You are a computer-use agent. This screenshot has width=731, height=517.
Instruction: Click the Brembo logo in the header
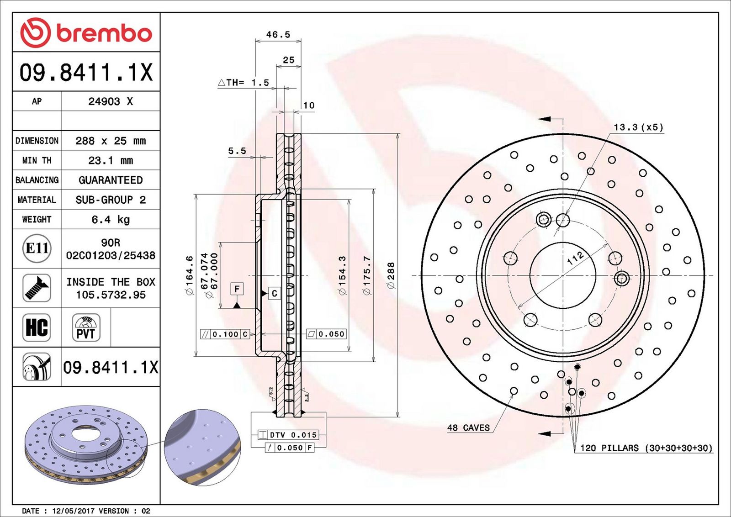pos(86,32)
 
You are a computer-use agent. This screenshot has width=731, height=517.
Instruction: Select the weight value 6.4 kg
pos(111,220)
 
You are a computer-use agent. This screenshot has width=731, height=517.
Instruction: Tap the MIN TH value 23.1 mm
pos(111,160)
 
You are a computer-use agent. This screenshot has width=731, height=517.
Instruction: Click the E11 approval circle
pos(37,248)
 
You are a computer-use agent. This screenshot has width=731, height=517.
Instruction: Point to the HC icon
pos(37,327)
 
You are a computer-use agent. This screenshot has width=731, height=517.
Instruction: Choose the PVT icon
pos(86,327)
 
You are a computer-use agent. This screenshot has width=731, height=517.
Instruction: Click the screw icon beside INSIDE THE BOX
pos(37,288)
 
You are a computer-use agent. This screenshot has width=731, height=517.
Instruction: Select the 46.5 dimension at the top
pos(278,35)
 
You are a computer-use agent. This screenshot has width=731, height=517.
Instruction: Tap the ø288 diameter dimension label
pos(391,275)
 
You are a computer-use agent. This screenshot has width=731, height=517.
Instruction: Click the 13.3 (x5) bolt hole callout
pos(638,127)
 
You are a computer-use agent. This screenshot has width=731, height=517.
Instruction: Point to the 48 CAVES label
pos(468,427)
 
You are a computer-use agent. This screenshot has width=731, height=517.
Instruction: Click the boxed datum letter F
pos(237,289)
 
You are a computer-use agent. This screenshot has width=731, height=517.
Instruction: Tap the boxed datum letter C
pos(275,294)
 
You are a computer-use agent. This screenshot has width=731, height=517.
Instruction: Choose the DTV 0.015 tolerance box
pos(287,435)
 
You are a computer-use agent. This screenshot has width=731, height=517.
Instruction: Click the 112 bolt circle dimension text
pos(576,258)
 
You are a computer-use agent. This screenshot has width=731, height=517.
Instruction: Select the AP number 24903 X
pos(111,101)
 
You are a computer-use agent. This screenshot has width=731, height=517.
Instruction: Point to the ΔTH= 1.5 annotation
pos(244,83)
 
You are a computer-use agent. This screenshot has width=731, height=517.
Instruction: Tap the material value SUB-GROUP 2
pos(111,200)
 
